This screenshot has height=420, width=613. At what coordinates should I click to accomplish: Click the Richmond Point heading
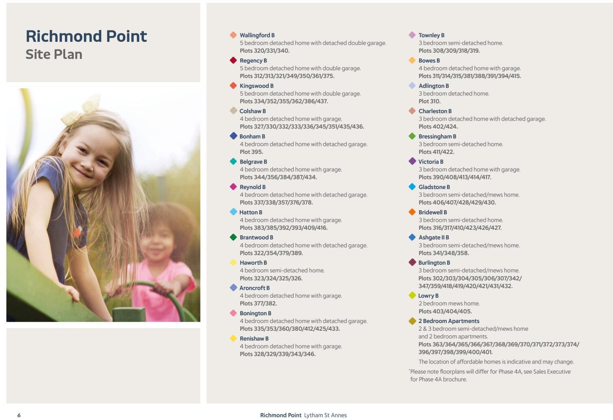86,36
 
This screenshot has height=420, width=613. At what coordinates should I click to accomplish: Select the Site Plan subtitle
54,54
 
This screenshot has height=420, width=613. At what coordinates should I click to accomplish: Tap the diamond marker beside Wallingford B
233,35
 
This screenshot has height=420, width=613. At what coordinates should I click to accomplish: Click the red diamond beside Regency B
233,60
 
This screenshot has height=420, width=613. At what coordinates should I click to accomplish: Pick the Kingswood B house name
256,86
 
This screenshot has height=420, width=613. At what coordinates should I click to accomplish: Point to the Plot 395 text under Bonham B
251,152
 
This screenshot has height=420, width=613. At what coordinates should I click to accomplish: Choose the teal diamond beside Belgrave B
233,162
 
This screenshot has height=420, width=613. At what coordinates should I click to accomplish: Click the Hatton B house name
251,212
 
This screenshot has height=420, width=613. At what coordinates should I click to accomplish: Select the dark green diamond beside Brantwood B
233,237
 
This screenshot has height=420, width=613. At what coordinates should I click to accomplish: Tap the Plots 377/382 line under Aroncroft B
258,304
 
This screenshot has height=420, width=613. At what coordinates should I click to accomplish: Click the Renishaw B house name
254,338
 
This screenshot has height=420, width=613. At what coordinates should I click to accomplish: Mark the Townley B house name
431,35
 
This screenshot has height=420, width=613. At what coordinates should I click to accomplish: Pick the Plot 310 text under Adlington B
429,101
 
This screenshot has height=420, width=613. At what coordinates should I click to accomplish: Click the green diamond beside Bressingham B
412,136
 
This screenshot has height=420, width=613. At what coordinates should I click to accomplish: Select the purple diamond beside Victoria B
412,161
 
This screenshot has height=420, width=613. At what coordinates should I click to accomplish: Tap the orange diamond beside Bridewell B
412,212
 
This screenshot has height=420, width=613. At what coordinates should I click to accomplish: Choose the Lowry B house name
428,296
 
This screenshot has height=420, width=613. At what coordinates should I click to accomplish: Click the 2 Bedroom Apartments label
449,321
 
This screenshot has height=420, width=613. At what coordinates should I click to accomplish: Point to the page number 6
19,415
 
